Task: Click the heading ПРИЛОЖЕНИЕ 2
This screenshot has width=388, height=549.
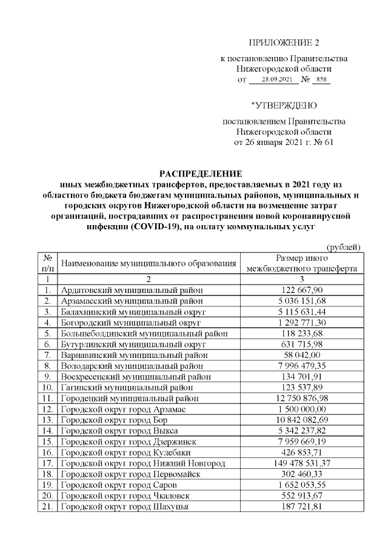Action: pos(283,42)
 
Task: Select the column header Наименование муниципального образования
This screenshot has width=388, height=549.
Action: pos(149,264)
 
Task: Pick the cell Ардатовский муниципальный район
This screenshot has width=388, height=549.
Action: pos(132,290)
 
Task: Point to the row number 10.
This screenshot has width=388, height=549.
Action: pos(47,387)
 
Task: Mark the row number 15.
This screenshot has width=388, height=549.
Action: pos(47,441)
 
